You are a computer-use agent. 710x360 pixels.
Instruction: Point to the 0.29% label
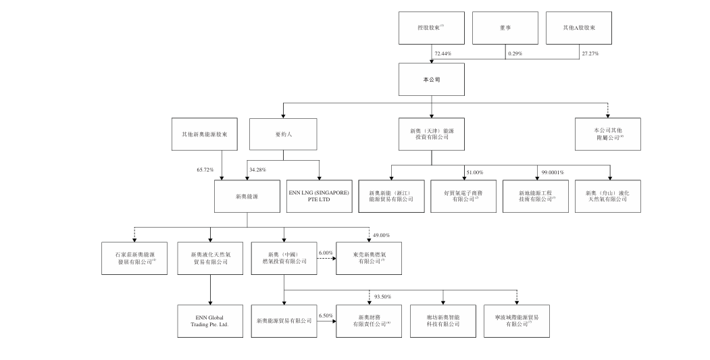point(515,53)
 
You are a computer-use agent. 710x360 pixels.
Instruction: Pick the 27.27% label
point(590,53)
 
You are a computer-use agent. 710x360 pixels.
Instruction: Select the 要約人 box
point(282,134)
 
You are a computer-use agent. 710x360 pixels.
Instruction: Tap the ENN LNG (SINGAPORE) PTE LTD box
point(319,196)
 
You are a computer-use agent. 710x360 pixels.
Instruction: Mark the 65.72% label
point(205,169)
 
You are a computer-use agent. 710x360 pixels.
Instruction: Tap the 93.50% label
point(383,296)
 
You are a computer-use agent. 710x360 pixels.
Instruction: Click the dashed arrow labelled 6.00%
point(326,258)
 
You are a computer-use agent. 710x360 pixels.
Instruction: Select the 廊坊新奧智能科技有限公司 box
point(443,320)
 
